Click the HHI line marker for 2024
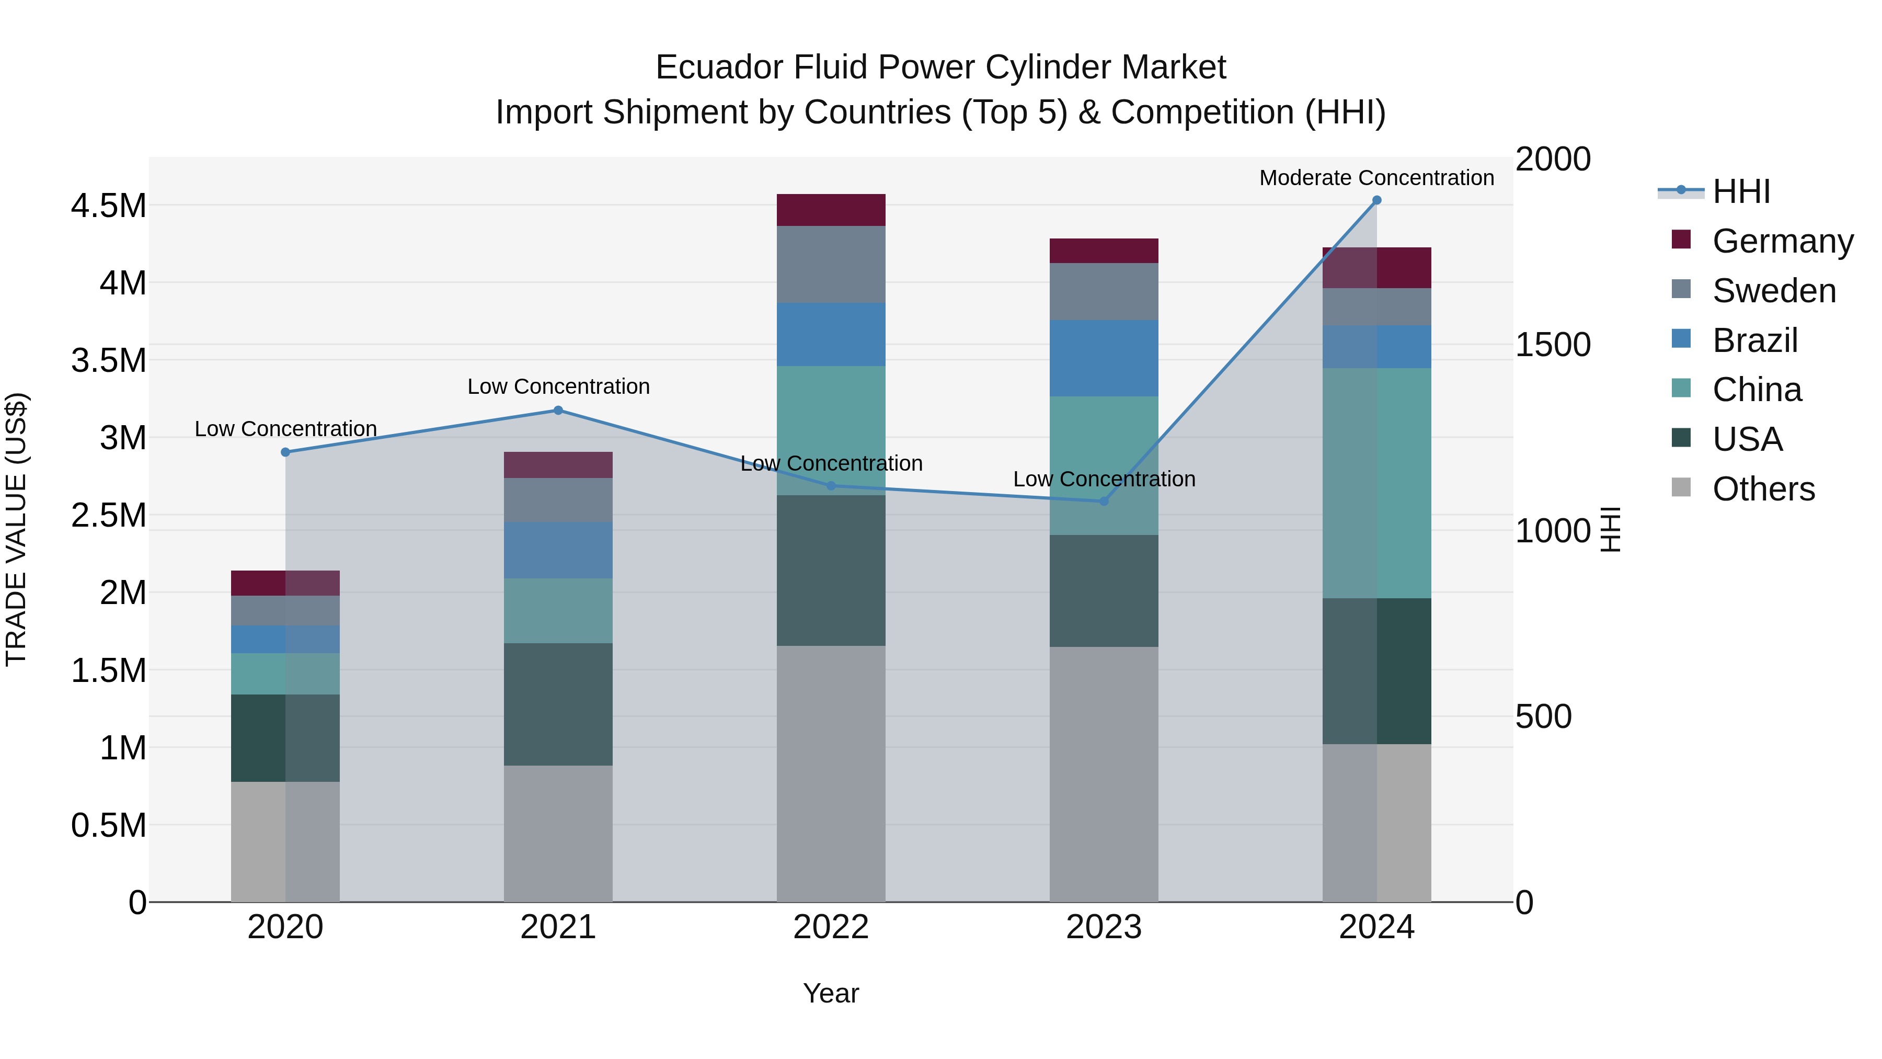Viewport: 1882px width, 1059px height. point(1376,200)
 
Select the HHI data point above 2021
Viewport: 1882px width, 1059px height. point(558,410)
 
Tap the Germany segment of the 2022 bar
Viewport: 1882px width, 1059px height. point(831,210)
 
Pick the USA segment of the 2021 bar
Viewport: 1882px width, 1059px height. point(558,704)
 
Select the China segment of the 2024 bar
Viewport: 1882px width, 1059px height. point(1376,482)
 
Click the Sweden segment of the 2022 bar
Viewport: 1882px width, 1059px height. point(831,264)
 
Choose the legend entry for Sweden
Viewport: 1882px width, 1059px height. point(1773,290)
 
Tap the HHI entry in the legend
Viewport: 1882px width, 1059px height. point(1740,191)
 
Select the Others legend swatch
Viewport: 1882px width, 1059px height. point(1681,487)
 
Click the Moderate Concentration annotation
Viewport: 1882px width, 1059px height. point(1376,178)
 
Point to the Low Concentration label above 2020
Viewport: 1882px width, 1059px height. point(285,428)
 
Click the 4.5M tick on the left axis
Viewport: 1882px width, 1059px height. point(109,206)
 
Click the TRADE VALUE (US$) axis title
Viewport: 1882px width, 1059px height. point(17,529)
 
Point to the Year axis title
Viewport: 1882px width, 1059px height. point(831,993)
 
